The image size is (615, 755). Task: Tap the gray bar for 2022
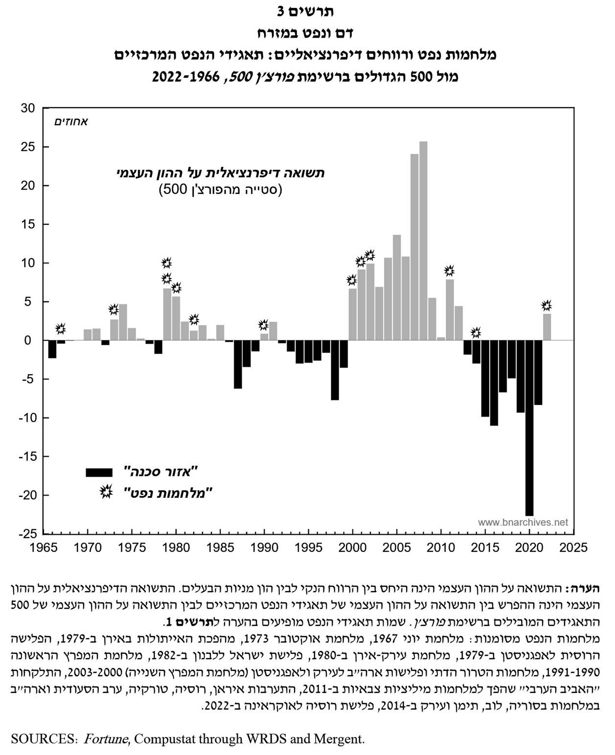[547, 327]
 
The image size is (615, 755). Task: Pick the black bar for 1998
[335, 370]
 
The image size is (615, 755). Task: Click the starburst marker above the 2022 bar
[547, 306]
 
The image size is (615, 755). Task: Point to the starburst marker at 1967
[61, 329]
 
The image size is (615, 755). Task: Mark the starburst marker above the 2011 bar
[449, 270]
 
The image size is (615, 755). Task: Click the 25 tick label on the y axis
[28, 147]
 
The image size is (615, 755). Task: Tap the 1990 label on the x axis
[264, 547]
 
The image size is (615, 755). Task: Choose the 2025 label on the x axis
[573, 547]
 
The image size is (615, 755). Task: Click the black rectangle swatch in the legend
[99, 472]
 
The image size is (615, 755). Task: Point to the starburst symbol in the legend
[106, 492]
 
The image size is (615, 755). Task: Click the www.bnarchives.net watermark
[523, 522]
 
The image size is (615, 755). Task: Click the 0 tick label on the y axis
[28, 340]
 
